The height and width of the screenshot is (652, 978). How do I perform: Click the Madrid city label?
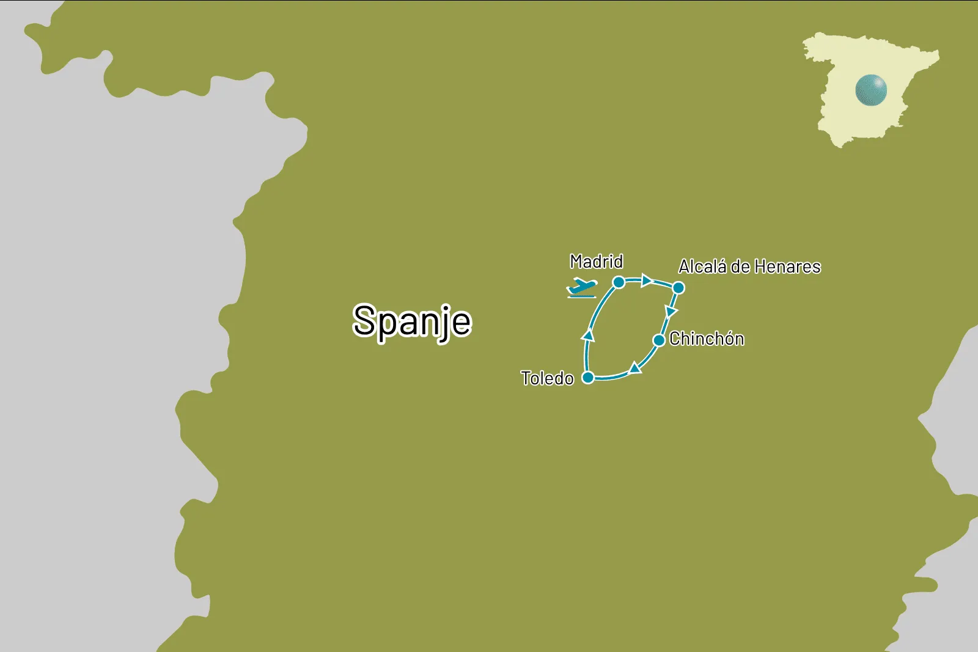596,262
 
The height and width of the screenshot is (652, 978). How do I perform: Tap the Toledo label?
547,378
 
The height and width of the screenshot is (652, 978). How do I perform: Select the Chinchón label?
707,339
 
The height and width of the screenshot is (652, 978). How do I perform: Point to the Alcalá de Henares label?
749,266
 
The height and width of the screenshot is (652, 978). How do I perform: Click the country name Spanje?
412,321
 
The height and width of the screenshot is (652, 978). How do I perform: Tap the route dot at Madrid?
619,282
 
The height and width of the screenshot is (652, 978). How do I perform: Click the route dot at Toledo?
588,378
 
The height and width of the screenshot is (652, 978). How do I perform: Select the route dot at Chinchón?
659,340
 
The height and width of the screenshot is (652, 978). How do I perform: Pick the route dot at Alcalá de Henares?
678,288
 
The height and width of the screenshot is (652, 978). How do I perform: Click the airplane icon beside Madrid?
581,287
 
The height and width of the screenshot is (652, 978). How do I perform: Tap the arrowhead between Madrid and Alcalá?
647,280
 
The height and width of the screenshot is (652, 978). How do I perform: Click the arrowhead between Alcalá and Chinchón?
671,312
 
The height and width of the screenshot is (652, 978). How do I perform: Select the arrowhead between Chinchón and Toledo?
635,368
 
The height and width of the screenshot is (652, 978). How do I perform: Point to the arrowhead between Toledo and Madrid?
589,334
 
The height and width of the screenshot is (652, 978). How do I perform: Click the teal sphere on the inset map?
870,90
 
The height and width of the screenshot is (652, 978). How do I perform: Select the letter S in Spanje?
364,320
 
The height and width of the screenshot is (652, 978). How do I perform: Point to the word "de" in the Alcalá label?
740,266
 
